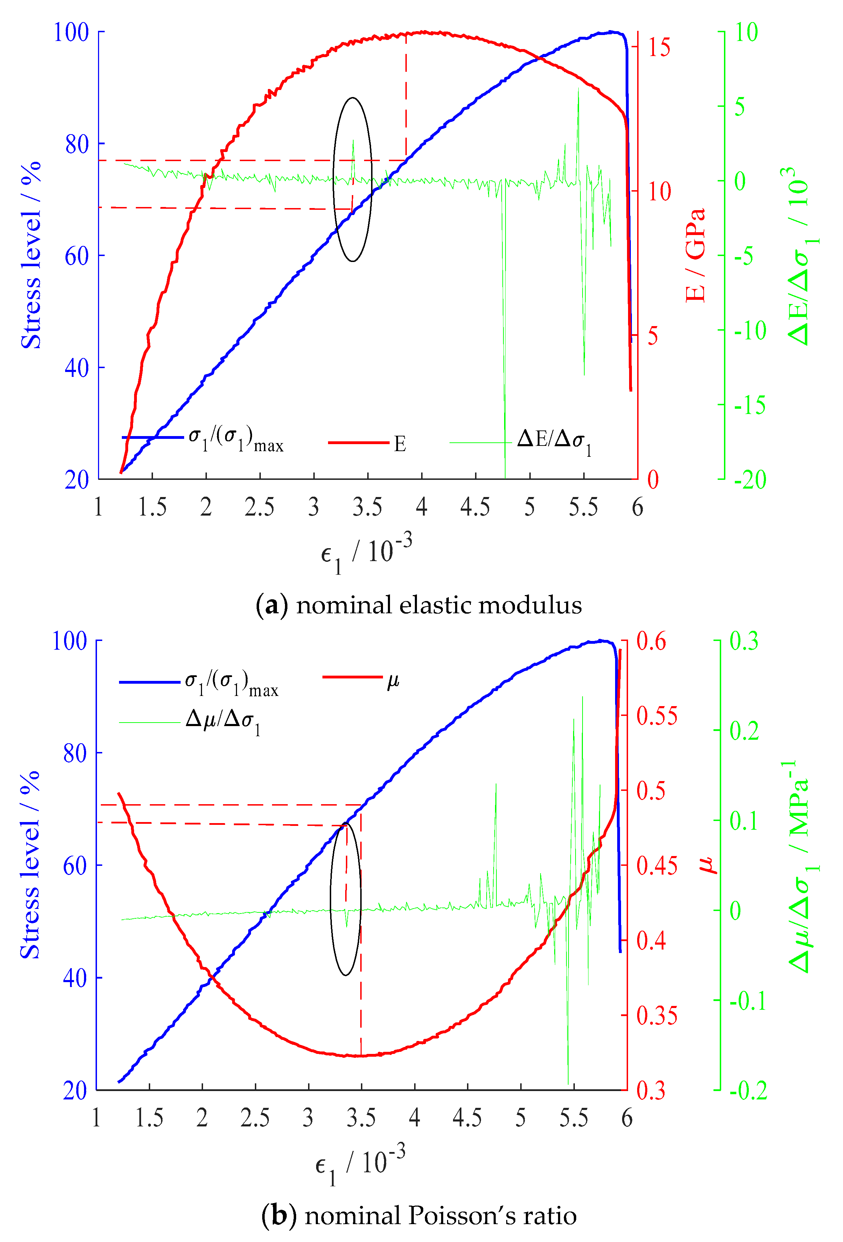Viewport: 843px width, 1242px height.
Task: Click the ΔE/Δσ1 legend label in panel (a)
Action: pos(554,441)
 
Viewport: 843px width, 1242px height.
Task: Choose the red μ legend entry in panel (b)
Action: pos(393,680)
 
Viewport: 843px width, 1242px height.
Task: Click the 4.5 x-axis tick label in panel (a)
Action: pos(475,507)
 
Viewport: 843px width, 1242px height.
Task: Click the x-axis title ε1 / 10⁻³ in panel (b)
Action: pos(360,1166)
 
